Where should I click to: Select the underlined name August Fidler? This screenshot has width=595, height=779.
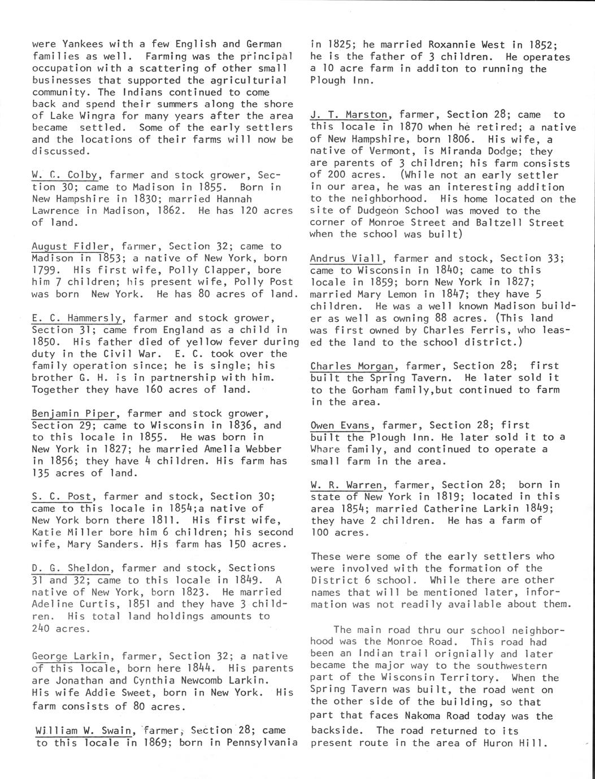tap(70, 246)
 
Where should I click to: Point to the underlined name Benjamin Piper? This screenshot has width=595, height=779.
tap(79, 413)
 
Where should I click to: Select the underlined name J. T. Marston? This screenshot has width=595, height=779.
tap(349, 115)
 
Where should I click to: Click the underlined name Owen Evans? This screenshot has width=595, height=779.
tap(340, 425)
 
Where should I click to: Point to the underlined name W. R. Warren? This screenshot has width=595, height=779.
tap(346, 485)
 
